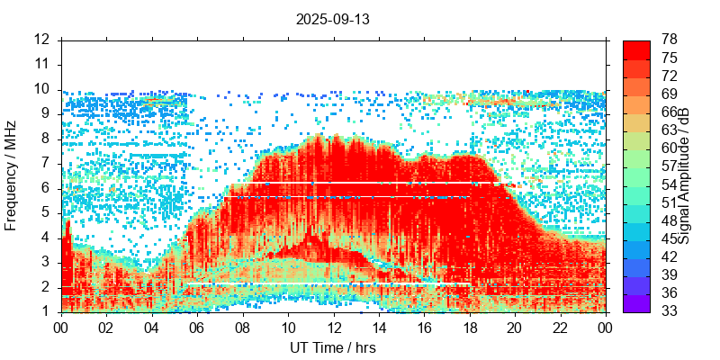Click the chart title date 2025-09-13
coord(332,18)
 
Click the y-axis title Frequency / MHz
coord(12,175)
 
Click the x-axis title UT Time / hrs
coord(332,347)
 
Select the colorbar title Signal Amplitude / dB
coord(684,175)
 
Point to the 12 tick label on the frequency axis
coord(42,40)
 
